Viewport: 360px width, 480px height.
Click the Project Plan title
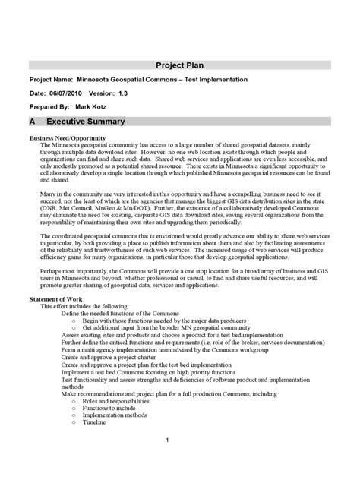(180, 65)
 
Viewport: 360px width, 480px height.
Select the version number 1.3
(123, 93)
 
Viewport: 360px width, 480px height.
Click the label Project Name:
(51, 79)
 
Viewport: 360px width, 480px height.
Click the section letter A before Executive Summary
(33, 122)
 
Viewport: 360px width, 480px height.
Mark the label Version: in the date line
(102, 93)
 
